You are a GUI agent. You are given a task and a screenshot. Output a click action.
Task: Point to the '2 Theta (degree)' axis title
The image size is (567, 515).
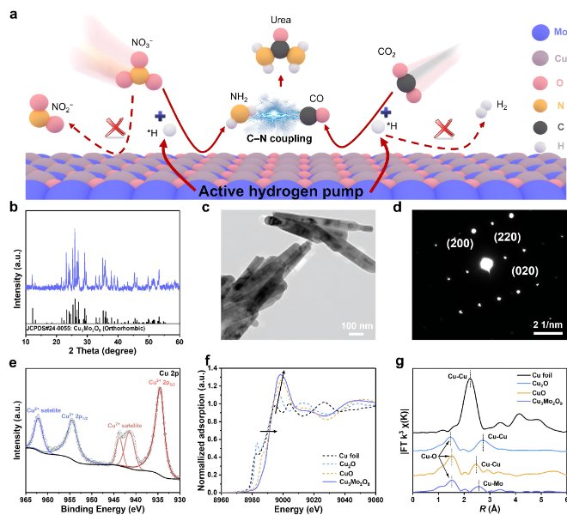(x=103, y=352)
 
